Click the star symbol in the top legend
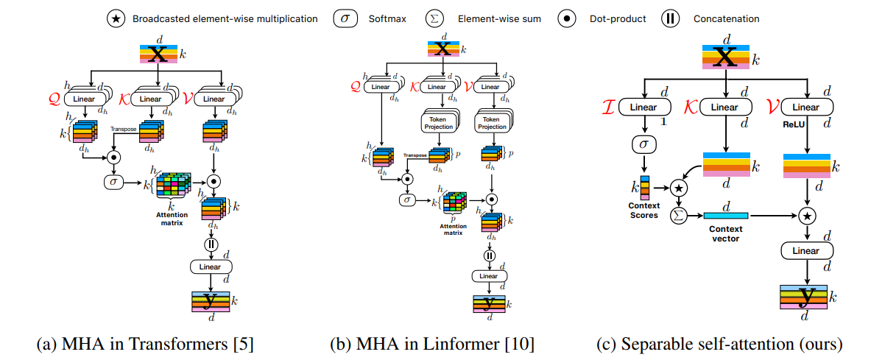118,18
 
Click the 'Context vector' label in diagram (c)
725,234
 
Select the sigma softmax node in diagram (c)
644,143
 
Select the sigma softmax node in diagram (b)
406,199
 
